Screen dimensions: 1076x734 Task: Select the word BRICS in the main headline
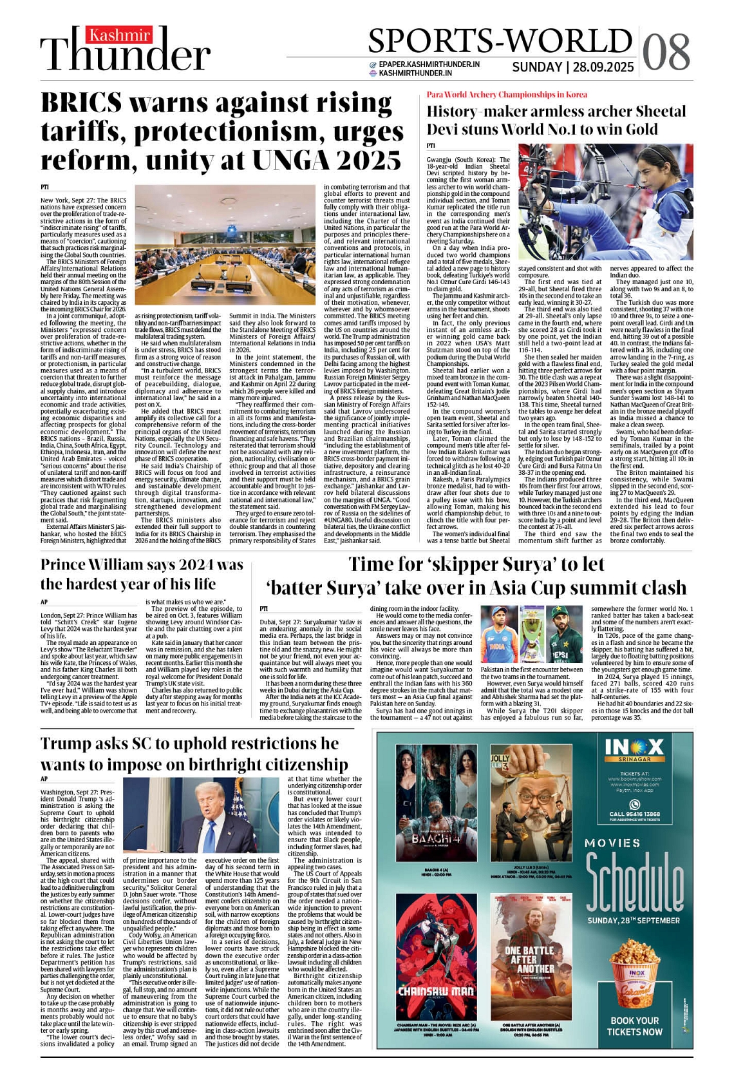(x=81, y=104)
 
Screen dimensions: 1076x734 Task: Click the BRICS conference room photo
(x=226, y=245)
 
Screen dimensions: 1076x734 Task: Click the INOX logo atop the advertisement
(x=634, y=747)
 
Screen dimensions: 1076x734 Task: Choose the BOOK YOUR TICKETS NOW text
(x=634, y=1026)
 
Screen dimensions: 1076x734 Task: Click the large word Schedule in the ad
(x=634, y=881)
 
